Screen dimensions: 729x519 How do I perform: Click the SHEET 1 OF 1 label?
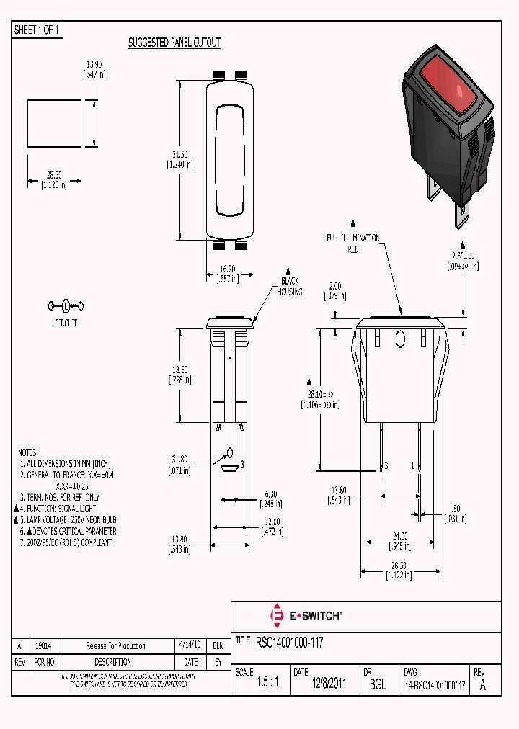click(37, 30)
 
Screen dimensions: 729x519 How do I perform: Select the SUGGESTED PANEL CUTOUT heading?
click(174, 43)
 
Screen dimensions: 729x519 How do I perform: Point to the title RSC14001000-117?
click(290, 640)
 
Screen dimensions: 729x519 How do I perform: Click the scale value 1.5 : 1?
click(268, 684)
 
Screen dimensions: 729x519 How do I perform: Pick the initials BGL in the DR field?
click(377, 684)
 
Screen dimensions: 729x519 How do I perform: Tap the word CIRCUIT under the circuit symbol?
click(66, 323)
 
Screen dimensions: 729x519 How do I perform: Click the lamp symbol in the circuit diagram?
click(66, 305)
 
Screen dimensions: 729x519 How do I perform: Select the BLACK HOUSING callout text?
click(290, 286)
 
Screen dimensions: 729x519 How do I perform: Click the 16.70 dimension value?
click(226, 269)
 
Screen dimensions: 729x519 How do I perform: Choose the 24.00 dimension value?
click(399, 535)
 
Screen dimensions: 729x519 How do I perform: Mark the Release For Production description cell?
click(115, 646)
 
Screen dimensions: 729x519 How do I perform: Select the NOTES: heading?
click(30, 452)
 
